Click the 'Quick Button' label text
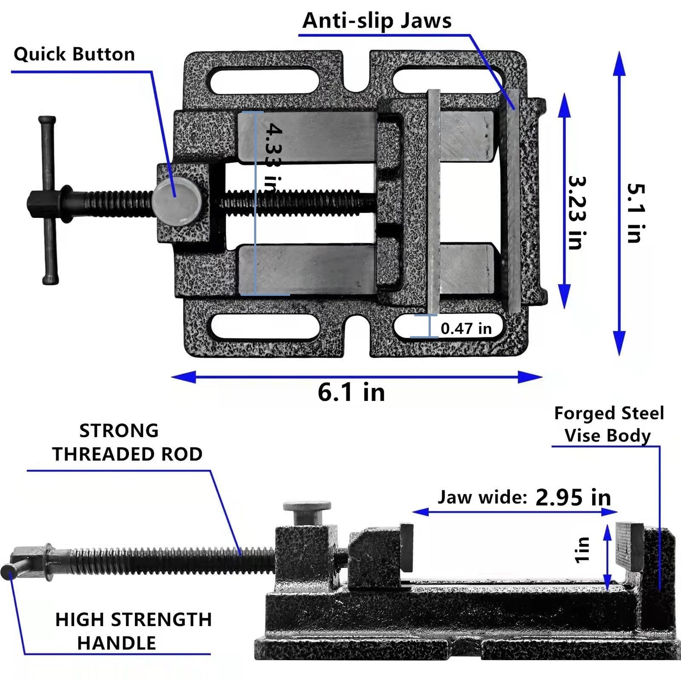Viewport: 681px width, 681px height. click(x=74, y=54)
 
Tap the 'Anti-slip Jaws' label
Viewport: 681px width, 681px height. click(x=377, y=21)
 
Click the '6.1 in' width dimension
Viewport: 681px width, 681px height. click(x=351, y=392)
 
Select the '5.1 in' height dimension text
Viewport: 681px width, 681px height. click(x=636, y=213)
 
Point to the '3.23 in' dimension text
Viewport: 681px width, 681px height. click(x=577, y=213)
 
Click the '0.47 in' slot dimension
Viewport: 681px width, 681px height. click(x=466, y=329)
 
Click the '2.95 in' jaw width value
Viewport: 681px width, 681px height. click(x=573, y=498)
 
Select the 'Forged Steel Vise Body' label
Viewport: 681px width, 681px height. click(x=608, y=424)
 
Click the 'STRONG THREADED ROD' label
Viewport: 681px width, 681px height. click(x=127, y=443)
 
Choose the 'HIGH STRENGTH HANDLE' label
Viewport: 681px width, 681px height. click(x=133, y=632)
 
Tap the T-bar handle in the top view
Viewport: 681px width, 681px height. click(x=48, y=200)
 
